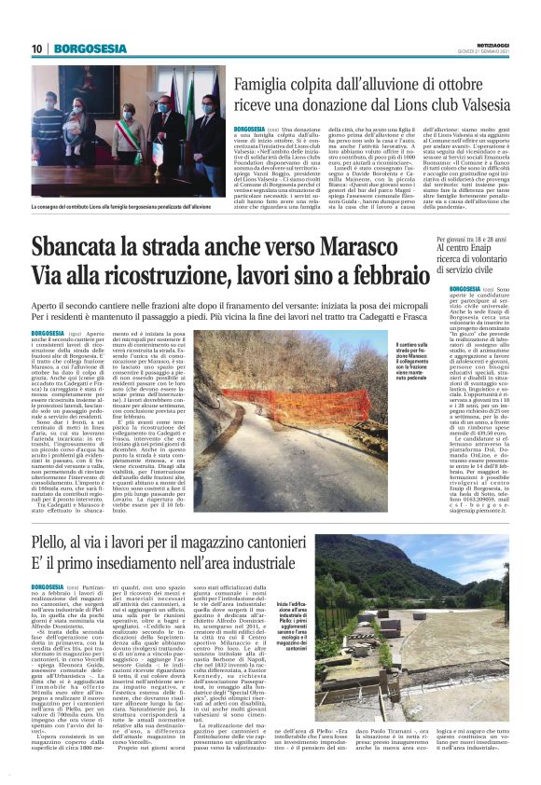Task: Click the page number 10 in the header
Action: pyautogui.click(x=36, y=48)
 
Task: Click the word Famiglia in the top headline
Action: pyautogui.click(x=247, y=83)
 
